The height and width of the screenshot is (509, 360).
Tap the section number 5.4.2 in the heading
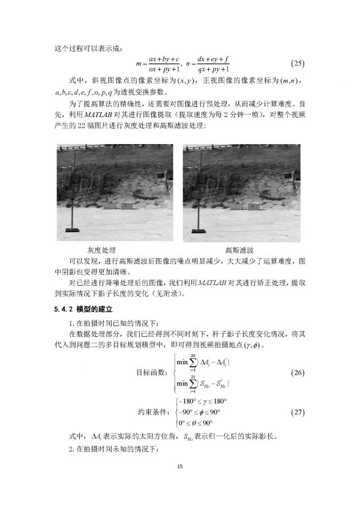pos(59,309)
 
